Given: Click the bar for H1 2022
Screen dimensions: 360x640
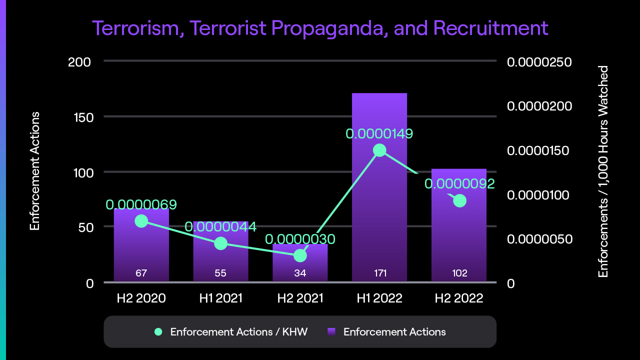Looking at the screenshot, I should coord(379,210).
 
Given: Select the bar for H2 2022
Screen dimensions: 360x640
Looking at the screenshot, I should coord(459,235).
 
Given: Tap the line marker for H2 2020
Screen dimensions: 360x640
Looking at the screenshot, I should coord(141,221).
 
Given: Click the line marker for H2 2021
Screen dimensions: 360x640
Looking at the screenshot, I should coord(300,255).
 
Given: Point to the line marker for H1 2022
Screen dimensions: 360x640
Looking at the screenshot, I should coord(379,150).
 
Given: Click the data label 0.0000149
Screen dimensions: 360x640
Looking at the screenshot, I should coord(379,134).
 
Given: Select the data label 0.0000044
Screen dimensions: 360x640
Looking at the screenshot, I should coord(220,227).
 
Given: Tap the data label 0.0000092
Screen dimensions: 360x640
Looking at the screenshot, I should coord(459,184).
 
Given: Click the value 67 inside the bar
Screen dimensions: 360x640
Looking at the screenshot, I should coord(141,273).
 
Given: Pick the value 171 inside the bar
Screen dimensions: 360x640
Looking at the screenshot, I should coord(379,273).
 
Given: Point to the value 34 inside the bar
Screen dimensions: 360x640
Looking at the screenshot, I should coord(300,273).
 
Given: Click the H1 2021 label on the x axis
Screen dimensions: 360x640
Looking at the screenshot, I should coord(220,298).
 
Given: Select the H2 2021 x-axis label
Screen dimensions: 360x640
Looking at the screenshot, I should coord(300,298).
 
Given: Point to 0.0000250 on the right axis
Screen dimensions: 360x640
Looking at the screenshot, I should coord(539,62).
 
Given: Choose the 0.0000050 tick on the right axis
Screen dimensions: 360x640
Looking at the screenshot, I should coord(539,239).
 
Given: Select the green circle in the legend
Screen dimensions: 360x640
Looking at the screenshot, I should coord(158,331).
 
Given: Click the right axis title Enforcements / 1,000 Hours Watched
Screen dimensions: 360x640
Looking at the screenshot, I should coord(603,171).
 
